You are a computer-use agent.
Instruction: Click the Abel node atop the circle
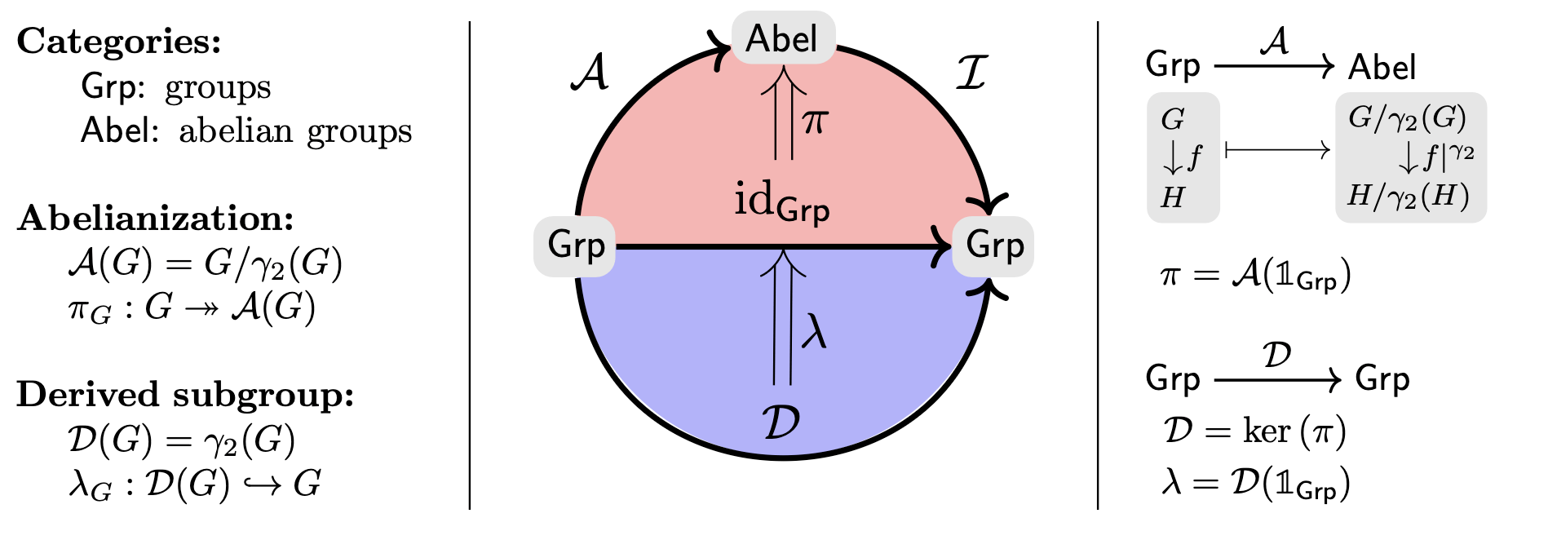pyautogui.click(x=783, y=38)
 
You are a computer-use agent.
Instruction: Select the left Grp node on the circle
pyautogui.click(x=576, y=246)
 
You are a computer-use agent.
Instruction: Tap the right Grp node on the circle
pyautogui.click(x=993, y=246)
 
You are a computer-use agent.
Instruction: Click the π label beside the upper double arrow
pyautogui.click(x=815, y=122)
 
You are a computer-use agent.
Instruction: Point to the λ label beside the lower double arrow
pyautogui.click(x=814, y=333)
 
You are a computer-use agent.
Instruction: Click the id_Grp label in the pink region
pyautogui.click(x=782, y=201)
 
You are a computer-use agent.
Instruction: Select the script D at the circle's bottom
pyautogui.click(x=781, y=422)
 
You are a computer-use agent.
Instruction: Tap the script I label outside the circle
pyautogui.click(x=971, y=73)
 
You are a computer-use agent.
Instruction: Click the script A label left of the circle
pyautogui.click(x=590, y=73)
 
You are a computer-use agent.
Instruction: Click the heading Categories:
pyautogui.click(x=119, y=41)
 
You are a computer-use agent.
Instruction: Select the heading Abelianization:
pyautogui.click(x=155, y=218)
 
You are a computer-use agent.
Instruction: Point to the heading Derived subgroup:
pyautogui.click(x=185, y=394)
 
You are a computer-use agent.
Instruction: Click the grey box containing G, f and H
pyautogui.click(x=1183, y=157)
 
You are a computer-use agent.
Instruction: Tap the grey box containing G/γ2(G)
pyautogui.click(x=1410, y=157)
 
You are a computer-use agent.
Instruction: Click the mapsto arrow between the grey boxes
pyautogui.click(x=1277, y=149)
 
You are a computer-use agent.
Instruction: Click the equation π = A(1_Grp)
pyautogui.click(x=1255, y=276)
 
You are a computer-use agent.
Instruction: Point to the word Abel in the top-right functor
pyautogui.click(x=1382, y=67)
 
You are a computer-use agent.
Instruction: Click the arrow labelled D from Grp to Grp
pyautogui.click(x=1277, y=379)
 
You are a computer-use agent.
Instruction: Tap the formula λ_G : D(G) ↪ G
pyautogui.click(x=194, y=484)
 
